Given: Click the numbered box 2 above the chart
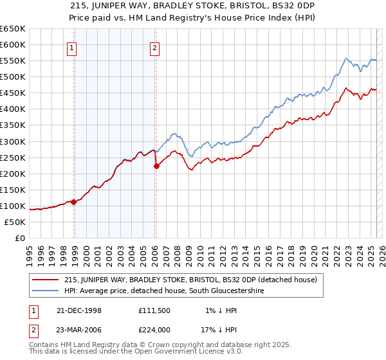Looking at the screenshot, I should point(156,47).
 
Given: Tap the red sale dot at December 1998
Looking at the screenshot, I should point(74,202).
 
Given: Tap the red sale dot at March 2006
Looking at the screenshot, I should point(156,166).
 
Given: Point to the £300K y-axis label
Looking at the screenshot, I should point(13,141).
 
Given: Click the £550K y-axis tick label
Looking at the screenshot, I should point(13,61).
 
